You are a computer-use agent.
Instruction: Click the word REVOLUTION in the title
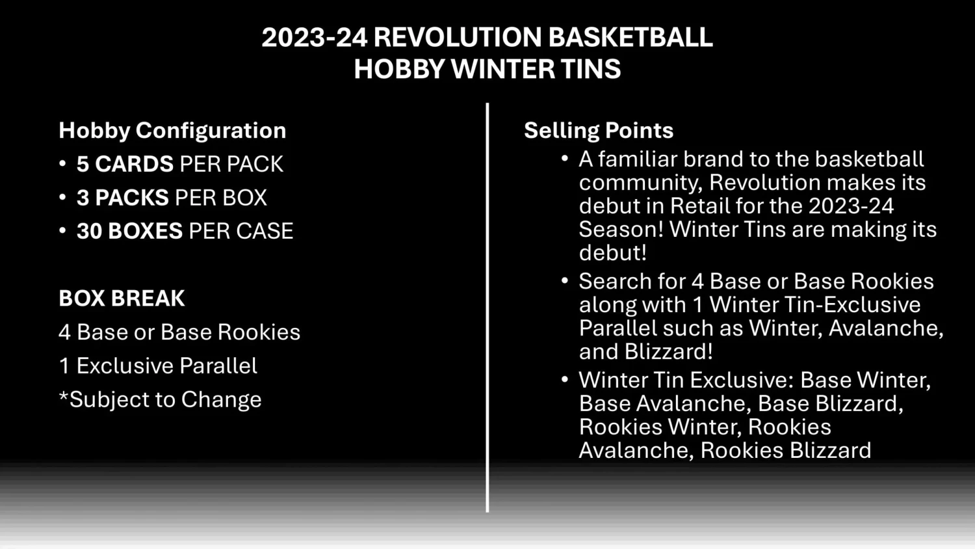tap(458, 37)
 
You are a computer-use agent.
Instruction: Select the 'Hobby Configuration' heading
tap(172, 130)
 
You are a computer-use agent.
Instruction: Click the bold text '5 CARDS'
tap(125, 164)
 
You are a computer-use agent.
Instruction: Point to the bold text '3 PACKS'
tap(123, 198)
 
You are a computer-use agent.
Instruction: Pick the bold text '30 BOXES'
tap(129, 231)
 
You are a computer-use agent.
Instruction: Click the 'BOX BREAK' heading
tap(122, 298)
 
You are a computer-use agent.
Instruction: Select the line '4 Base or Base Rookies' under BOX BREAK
tap(179, 332)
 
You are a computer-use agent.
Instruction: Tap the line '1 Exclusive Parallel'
tap(158, 366)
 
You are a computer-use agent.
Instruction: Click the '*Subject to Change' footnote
tap(160, 399)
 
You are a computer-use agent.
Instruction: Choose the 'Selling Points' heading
tap(599, 130)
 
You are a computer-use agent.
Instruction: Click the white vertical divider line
tap(487, 306)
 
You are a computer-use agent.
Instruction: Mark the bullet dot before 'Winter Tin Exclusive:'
tap(565, 379)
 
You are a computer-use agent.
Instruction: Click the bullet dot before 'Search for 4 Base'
tap(565, 280)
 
